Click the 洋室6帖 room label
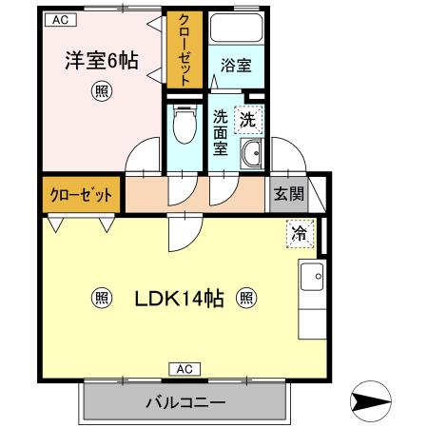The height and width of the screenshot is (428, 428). [x=101, y=62]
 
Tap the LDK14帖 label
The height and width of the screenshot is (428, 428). [x=179, y=299]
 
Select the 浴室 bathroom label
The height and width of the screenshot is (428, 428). [x=234, y=66]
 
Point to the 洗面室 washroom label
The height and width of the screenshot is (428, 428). [x=221, y=133]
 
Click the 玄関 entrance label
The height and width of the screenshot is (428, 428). [x=289, y=194]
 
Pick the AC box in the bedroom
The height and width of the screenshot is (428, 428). [x=60, y=19]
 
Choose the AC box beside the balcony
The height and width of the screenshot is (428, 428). [x=185, y=368]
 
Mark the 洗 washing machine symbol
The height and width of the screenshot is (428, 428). [x=248, y=121]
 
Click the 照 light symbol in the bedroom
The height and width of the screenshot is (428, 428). [x=100, y=92]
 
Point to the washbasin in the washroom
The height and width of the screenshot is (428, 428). [x=252, y=154]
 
